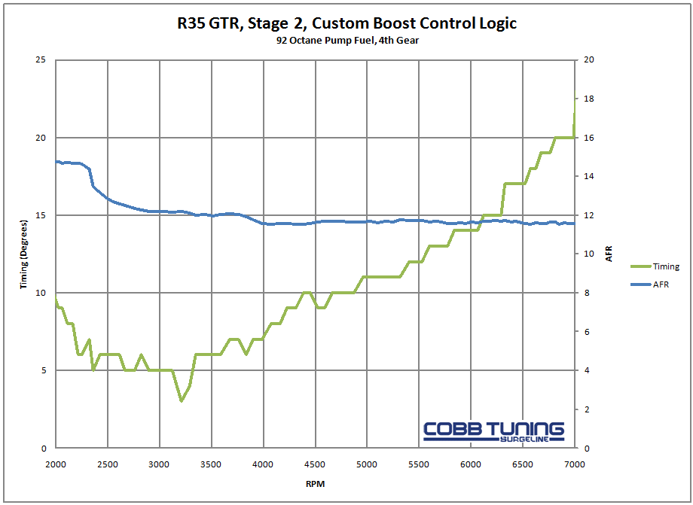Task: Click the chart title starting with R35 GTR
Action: (347, 23)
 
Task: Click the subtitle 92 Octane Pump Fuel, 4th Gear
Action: (347, 41)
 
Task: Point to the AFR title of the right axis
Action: (609, 254)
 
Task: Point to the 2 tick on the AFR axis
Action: (588, 409)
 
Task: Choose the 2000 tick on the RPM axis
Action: (56, 464)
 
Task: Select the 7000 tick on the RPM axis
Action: (574, 464)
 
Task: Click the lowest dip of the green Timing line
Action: (181, 400)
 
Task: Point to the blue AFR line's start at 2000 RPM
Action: (56, 162)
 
